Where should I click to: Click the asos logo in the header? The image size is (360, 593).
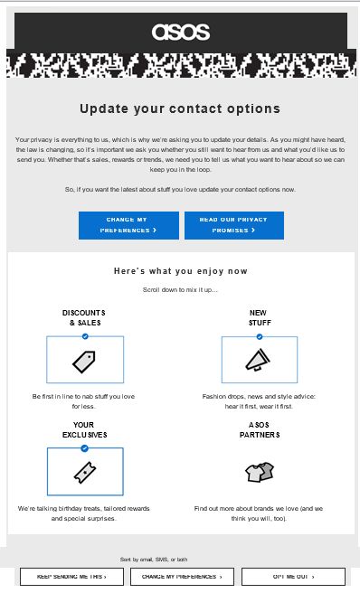click(180, 32)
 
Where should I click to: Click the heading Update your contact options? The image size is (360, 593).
click(180, 108)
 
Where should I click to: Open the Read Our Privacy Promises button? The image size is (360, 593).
click(233, 225)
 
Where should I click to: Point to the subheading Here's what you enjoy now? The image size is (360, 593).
click(181, 270)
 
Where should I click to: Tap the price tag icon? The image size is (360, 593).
click(84, 361)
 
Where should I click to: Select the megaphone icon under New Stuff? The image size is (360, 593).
click(259, 360)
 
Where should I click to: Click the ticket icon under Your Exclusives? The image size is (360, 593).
click(84, 471)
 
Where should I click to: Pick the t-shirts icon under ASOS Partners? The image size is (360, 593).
click(259, 471)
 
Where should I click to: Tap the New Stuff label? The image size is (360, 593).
click(259, 317)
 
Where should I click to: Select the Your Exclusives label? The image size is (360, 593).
click(84, 428)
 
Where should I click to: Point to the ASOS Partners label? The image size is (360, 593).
click(259, 428)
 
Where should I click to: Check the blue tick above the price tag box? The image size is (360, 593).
click(85, 336)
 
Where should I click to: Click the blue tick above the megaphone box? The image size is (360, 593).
click(260, 336)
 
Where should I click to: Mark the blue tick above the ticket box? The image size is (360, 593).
click(85, 447)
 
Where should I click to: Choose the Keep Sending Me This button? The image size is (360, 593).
click(71, 576)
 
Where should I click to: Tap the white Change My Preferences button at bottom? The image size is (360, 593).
click(182, 576)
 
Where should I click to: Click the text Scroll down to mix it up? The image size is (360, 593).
click(180, 289)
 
